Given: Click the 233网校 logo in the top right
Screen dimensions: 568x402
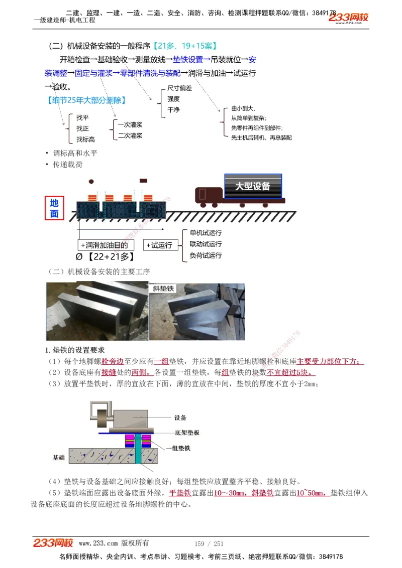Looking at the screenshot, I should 349,18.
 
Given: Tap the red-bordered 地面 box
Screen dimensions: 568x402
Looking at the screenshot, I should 54,208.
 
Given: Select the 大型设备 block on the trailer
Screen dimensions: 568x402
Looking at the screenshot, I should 253,186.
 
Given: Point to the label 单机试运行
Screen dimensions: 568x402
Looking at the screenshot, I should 206,233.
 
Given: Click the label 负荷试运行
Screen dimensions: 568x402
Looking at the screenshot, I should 206,255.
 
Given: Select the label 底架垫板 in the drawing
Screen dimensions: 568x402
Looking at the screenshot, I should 187,433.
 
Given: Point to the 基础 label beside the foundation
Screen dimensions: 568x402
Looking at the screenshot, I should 59,458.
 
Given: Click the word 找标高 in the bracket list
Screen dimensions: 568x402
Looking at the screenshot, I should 85,139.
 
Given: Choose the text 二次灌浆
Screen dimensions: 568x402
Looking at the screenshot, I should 130,135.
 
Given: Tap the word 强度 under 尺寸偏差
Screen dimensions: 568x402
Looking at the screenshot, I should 173,99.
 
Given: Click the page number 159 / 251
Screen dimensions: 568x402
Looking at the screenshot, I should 209,543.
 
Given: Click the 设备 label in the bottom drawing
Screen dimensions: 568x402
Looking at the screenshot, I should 180,417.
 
